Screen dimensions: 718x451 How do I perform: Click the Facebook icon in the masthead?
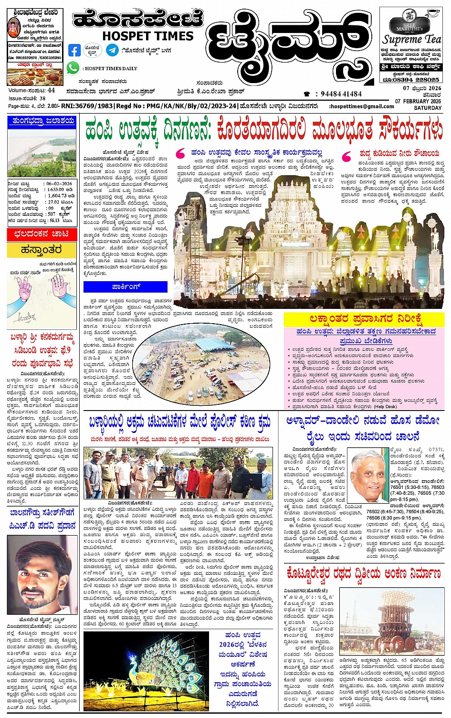coord(74,50)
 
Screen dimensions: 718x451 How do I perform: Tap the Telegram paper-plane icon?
coord(113,50)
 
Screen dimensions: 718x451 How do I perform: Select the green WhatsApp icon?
coord(73,68)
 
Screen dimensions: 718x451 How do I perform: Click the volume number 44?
coord(51,90)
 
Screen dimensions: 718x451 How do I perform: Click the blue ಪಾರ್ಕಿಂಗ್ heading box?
coord(126,287)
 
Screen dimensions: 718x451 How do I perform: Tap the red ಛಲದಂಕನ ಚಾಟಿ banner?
coord(42,234)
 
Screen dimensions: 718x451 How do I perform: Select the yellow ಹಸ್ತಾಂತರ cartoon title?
coord(42,250)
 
